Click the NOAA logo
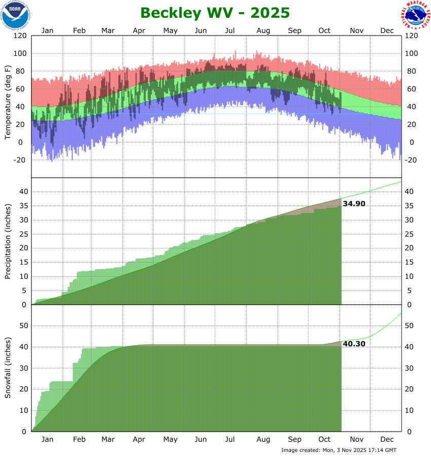pos(15,15)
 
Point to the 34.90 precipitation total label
pos(354,204)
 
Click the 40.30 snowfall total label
pos(354,344)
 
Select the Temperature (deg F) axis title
pos(8,102)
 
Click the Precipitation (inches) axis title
pos(8,242)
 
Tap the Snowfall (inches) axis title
pos(8,368)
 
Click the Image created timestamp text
pos(339,450)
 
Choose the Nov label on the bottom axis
pos(356,439)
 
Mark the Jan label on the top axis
pos(47,30)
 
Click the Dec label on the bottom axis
pos(387,439)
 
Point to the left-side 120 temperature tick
pos(20,36)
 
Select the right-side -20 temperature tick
pos(412,160)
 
